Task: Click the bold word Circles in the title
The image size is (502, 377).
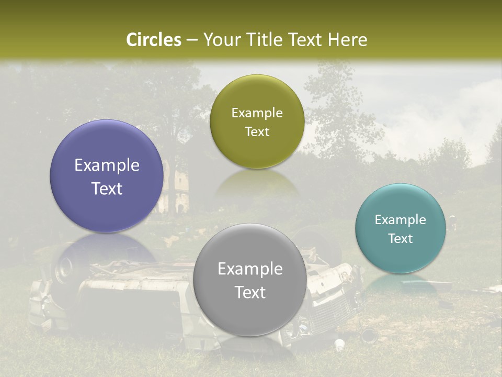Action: (x=154, y=40)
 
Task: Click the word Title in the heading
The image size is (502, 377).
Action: (x=261, y=40)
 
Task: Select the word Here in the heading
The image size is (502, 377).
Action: (x=347, y=40)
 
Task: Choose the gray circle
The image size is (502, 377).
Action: (x=250, y=314)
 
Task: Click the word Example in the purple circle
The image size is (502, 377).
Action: (x=107, y=165)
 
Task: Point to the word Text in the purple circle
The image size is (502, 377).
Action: (x=107, y=188)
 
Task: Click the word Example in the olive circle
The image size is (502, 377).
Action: (x=257, y=113)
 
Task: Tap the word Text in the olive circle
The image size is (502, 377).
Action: (x=257, y=132)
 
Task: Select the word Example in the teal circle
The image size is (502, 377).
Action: (x=401, y=220)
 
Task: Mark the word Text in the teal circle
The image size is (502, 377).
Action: (x=401, y=239)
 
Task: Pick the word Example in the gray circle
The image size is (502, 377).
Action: (x=250, y=269)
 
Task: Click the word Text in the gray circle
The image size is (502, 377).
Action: (x=250, y=292)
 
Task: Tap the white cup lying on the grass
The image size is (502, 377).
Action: (x=339, y=345)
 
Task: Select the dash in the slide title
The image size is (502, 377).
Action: (x=192, y=40)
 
